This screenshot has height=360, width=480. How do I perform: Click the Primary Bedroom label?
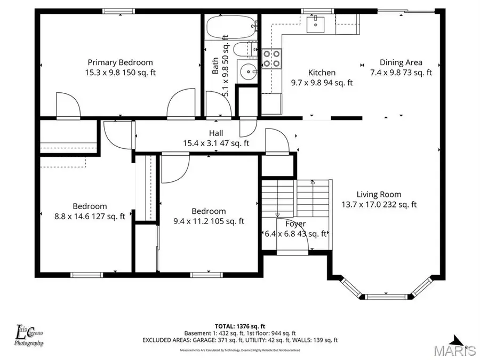tap(120, 62)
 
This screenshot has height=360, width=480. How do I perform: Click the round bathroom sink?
tap(248, 71)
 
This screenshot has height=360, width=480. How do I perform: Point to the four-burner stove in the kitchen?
tap(271, 59)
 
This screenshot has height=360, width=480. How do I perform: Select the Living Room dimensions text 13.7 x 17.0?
tap(364, 204)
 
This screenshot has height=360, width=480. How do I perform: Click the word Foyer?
tap(295, 224)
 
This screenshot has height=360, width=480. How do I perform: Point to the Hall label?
tap(216, 133)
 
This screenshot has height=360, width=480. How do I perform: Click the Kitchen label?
tap(322, 73)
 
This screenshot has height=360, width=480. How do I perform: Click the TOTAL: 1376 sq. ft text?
tap(239, 325)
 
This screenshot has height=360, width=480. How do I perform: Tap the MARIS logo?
tap(455, 350)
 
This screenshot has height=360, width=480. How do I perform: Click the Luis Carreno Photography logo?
tap(29, 336)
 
